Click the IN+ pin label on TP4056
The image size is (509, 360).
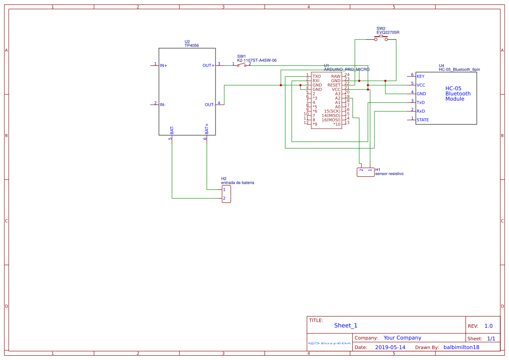(x=164, y=66)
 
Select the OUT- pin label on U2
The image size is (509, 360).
(x=209, y=105)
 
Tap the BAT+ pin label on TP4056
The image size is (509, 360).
(x=207, y=128)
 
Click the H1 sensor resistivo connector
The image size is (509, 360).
(x=365, y=172)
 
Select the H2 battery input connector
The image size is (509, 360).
(x=226, y=194)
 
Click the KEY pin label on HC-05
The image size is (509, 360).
(x=421, y=77)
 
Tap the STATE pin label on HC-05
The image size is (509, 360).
(x=423, y=120)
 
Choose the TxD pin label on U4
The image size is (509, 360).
(x=421, y=103)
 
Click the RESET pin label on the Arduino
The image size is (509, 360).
(x=334, y=85)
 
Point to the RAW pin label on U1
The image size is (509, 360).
(x=336, y=76)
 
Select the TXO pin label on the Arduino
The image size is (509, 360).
(x=317, y=76)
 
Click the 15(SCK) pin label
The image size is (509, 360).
(x=332, y=111)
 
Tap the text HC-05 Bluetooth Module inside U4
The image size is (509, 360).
(x=458, y=94)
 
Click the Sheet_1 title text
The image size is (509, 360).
(x=346, y=326)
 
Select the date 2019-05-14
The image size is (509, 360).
(x=390, y=347)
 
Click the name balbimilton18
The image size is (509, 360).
(x=461, y=347)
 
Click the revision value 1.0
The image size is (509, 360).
(x=489, y=326)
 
